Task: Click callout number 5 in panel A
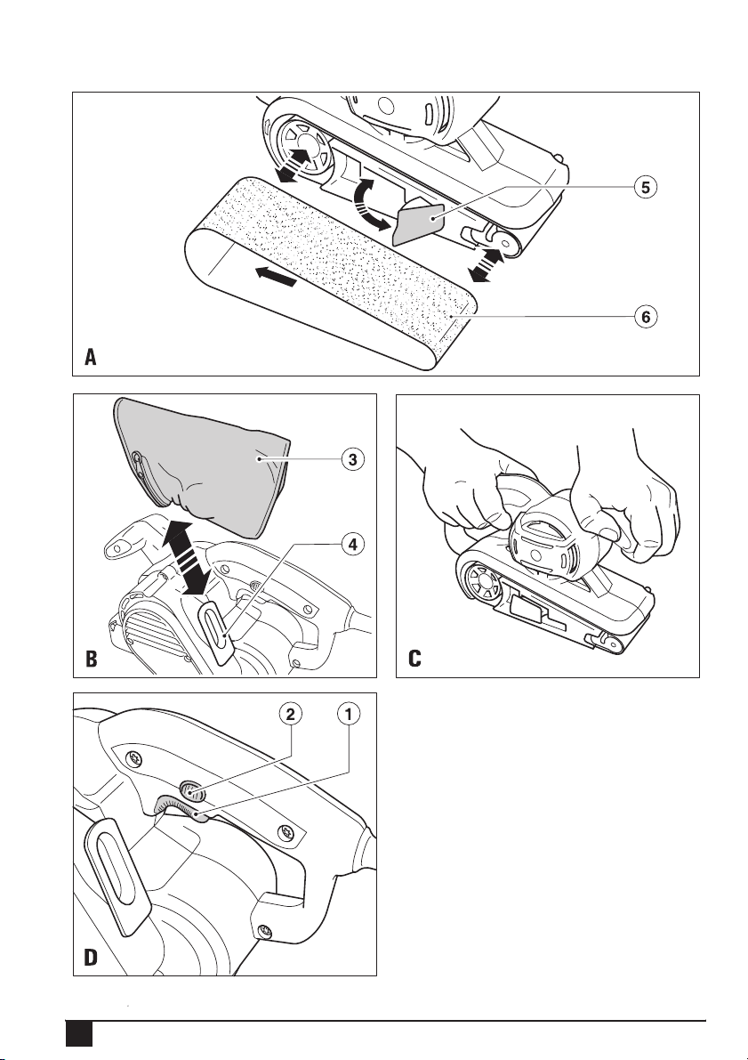646,187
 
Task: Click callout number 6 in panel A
646,316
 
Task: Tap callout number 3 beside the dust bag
353,460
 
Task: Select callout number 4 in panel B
353,544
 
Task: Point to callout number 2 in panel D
291,714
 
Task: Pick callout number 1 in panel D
349,714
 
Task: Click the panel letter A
91,356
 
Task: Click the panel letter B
92,659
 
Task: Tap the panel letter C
414,659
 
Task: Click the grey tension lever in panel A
418,224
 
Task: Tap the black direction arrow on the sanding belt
276,276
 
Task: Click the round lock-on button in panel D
189,789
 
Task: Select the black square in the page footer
78,1033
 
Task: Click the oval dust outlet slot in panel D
114,876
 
